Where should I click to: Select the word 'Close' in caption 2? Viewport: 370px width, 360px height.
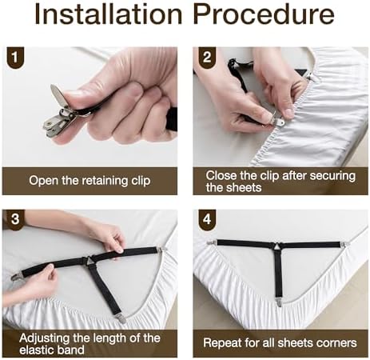click(221, 174)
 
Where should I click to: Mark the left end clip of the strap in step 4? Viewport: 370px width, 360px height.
click(212, 242)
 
